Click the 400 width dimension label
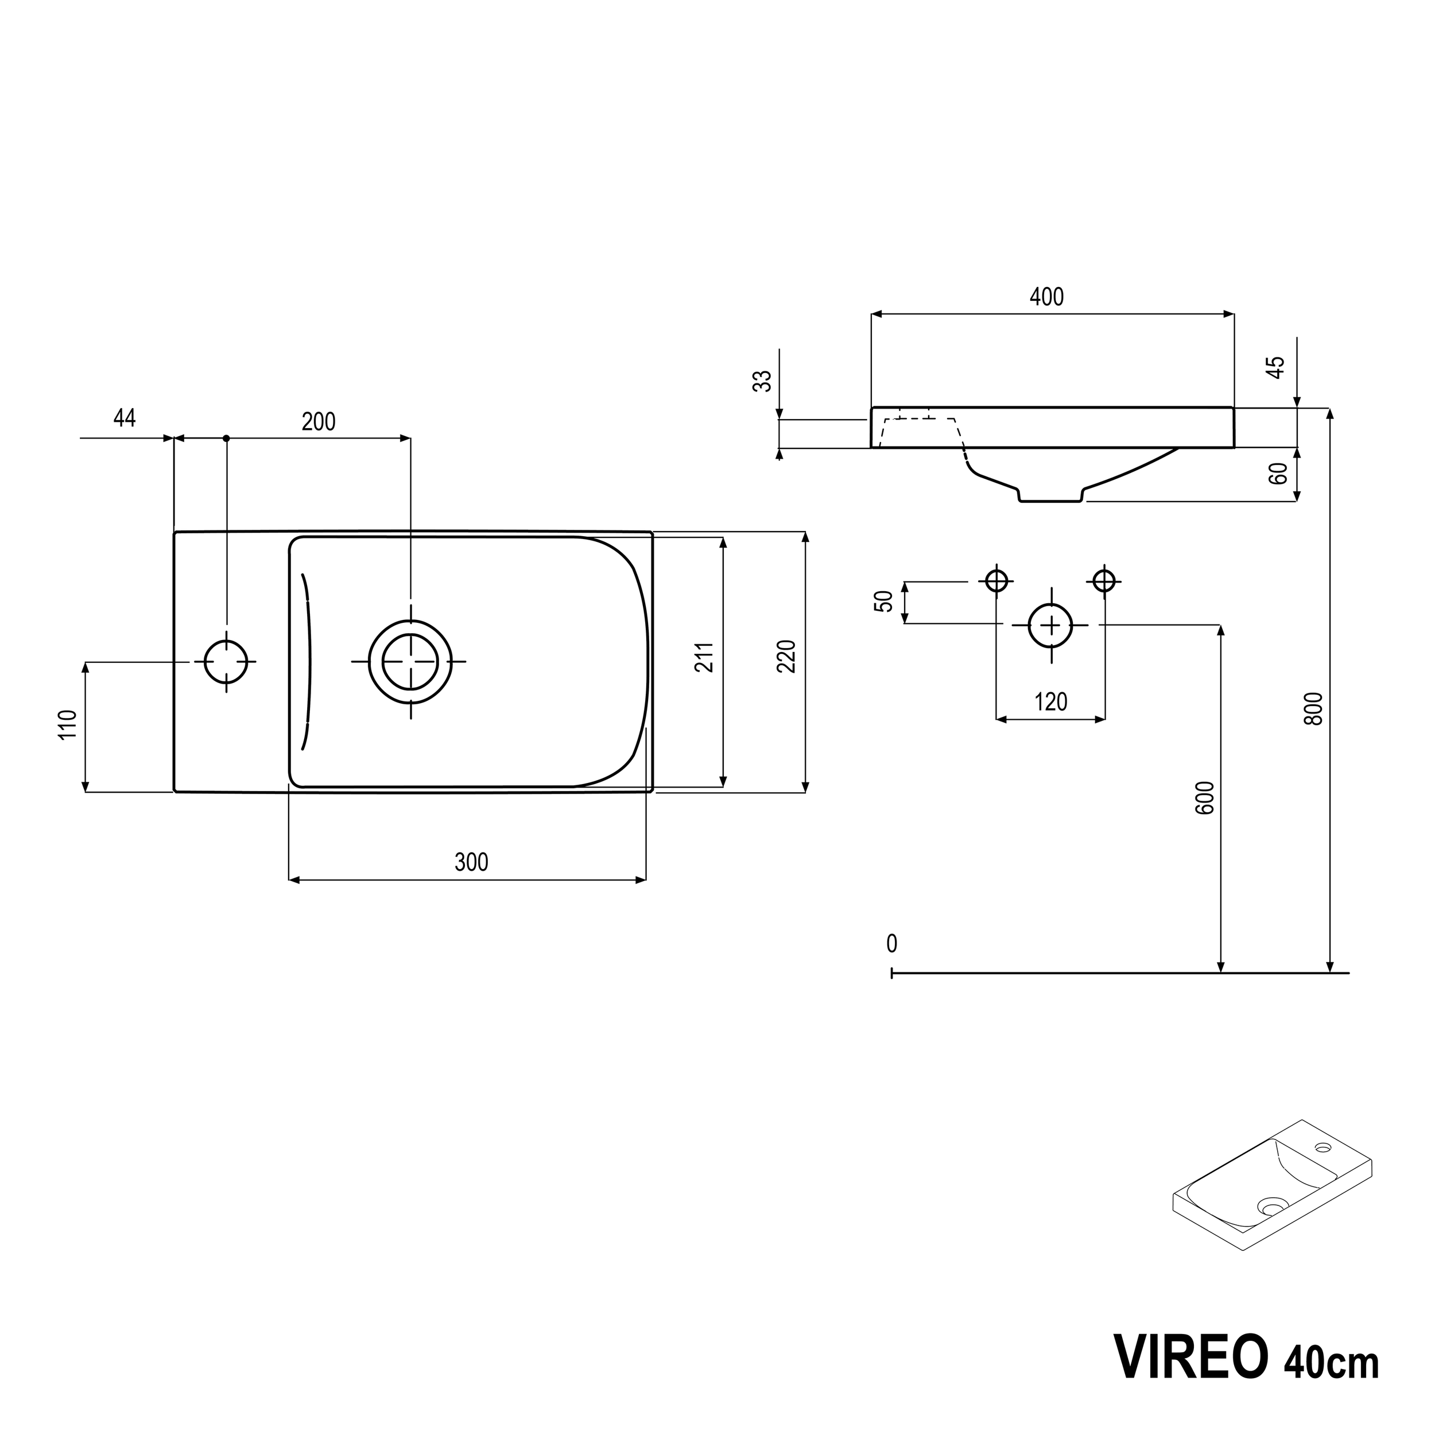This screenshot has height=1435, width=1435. click(1046, 297)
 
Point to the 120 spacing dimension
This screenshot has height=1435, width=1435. click(1050, 702)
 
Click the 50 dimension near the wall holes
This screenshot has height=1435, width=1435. click(884, 602)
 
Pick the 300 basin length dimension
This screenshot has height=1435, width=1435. click(471, 862)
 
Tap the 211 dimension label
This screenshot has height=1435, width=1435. click(704, 657)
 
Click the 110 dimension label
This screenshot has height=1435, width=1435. click(68, 724)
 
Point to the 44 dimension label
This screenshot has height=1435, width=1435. click(124, 418)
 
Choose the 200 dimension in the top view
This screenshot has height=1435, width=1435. click(318, 422)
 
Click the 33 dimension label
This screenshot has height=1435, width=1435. click(763, 381)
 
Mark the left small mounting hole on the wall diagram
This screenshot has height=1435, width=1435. click(996, 580)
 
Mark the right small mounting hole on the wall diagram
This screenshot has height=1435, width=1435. click(1104, 580)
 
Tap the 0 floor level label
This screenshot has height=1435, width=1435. click(891, 944)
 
